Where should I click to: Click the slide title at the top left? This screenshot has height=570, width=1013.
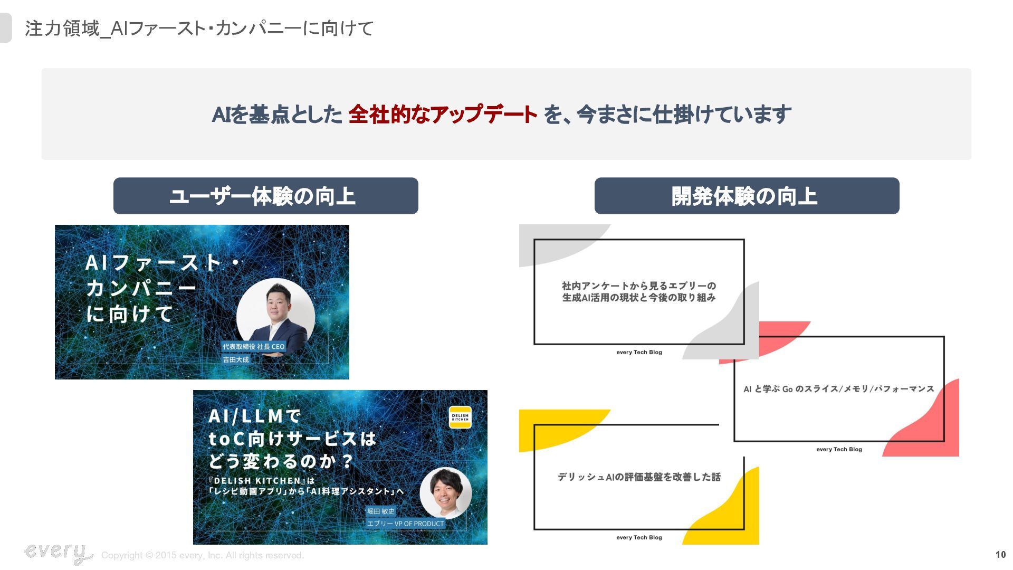(199, 28)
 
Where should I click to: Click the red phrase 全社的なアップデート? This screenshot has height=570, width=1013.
(442, 115)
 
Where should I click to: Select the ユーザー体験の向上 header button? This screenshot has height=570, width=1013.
(265, 196)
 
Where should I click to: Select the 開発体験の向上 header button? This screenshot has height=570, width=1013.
(747, 196)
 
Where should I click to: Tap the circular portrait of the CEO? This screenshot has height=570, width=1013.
(275, 317)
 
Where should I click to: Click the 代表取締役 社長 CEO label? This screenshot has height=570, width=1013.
(253, 347)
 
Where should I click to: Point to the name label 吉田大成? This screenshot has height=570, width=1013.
(235, 359)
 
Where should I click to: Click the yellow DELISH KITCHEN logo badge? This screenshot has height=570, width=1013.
(460, 417)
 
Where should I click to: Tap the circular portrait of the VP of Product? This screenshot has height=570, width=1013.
(445, 493)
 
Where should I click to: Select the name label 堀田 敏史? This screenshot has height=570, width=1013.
(380, 511)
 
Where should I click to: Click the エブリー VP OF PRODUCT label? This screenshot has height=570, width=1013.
(405, 524)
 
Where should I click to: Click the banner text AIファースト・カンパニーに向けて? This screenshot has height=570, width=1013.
(153, 288)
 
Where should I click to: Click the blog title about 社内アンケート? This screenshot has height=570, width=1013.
(638, 292)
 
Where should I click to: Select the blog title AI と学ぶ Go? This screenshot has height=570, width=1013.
(838, 389)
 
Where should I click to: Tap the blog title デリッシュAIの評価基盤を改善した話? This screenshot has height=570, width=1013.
(638, 477)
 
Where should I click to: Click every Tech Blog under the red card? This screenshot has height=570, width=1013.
(839, 450)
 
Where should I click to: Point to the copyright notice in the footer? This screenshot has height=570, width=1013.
(202, 555)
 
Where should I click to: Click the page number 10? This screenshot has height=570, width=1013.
(1000, 555)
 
